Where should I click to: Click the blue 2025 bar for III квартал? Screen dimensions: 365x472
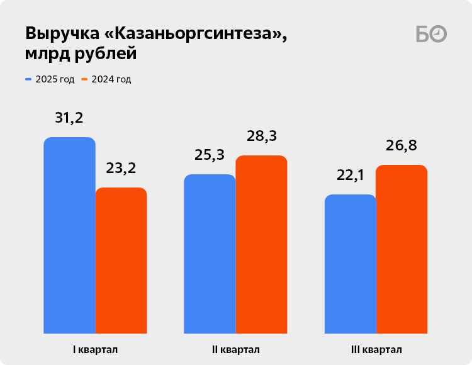coord(350,264)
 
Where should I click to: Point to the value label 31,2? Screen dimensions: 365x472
coord(69,118)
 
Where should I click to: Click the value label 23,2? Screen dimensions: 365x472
coord(121,169)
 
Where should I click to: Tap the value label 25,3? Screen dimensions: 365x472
coord(210,155)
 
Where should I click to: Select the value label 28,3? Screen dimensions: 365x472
coord(261,136)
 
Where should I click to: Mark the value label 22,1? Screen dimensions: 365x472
coord(351,175)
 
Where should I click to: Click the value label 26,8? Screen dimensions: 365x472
coord(402,145)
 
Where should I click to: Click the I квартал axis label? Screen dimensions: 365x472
coord(95,349)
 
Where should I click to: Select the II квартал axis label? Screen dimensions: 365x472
coord(235,349)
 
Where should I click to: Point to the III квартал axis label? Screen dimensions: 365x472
coord(376,349)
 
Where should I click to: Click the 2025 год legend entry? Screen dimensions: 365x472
coord(50,79)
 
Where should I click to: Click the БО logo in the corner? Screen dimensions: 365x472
coord(431,34)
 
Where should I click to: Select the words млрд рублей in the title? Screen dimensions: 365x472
coord(81,55)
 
